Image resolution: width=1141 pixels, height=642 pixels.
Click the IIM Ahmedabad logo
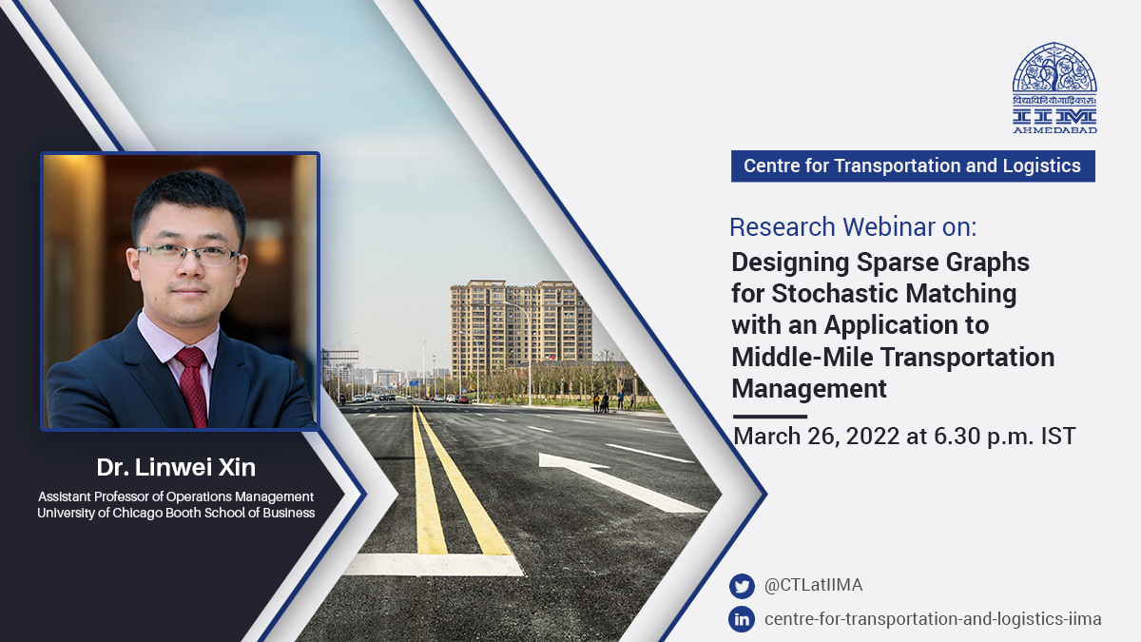click(1054, 88)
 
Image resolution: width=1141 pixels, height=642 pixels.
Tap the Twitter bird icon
click(742, 586)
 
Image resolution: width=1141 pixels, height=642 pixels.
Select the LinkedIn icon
click(742, 619)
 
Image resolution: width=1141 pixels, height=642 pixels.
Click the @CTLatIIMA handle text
click(814, 585)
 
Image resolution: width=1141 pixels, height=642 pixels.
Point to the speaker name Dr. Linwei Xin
click(176, 467)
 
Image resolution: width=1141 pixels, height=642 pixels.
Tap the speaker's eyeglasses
click(188, 255)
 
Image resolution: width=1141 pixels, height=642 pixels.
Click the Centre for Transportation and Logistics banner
click(913, 166)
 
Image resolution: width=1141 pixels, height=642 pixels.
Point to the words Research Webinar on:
click(853, 227)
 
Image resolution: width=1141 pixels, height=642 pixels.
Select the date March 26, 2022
click(817, 437)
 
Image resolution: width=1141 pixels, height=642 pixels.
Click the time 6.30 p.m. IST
click(1004, 437)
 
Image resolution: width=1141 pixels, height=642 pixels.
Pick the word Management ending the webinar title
click(809, 389)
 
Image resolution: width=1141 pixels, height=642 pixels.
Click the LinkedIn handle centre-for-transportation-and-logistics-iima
click(933, 619)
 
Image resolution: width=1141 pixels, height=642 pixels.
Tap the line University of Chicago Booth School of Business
click(176, 513)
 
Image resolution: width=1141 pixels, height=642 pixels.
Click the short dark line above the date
click(770, 417)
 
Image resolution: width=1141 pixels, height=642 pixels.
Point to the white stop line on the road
click(434, 565)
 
